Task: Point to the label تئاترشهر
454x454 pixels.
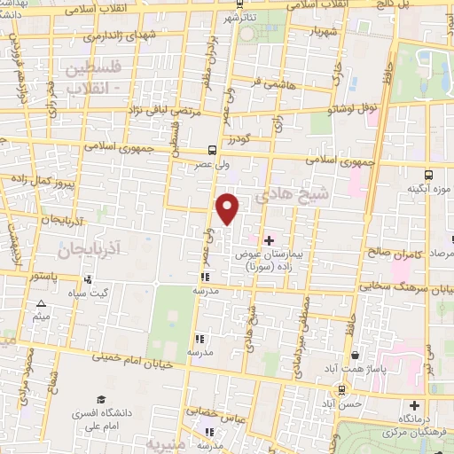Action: [x=244, y=18]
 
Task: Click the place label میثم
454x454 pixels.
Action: [x=40, y=317]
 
